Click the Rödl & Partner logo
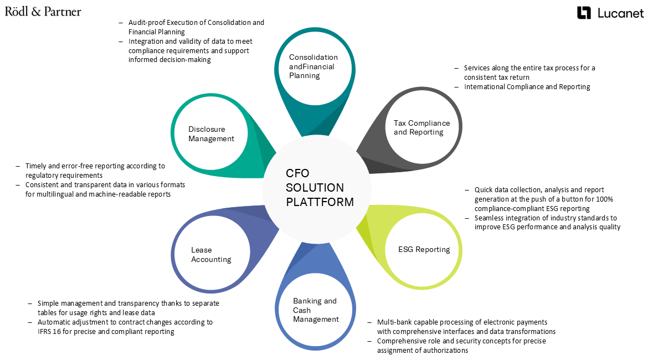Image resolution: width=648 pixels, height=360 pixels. coord(43,12)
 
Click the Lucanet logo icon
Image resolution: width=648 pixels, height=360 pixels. coord(584,13)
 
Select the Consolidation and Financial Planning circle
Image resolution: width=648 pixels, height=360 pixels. coord(313,66)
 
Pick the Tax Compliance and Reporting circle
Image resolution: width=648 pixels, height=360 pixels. coord(422,127)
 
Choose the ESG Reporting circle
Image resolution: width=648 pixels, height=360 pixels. coord(424,249)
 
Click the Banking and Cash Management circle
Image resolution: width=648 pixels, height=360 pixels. coord(315,310)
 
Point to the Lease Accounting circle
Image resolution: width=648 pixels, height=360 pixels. coord(211,255)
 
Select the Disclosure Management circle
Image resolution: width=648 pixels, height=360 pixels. coord(210,133)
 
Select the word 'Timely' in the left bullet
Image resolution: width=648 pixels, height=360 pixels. coord(37,166)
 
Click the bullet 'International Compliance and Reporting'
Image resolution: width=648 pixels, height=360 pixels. coord(527,86)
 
